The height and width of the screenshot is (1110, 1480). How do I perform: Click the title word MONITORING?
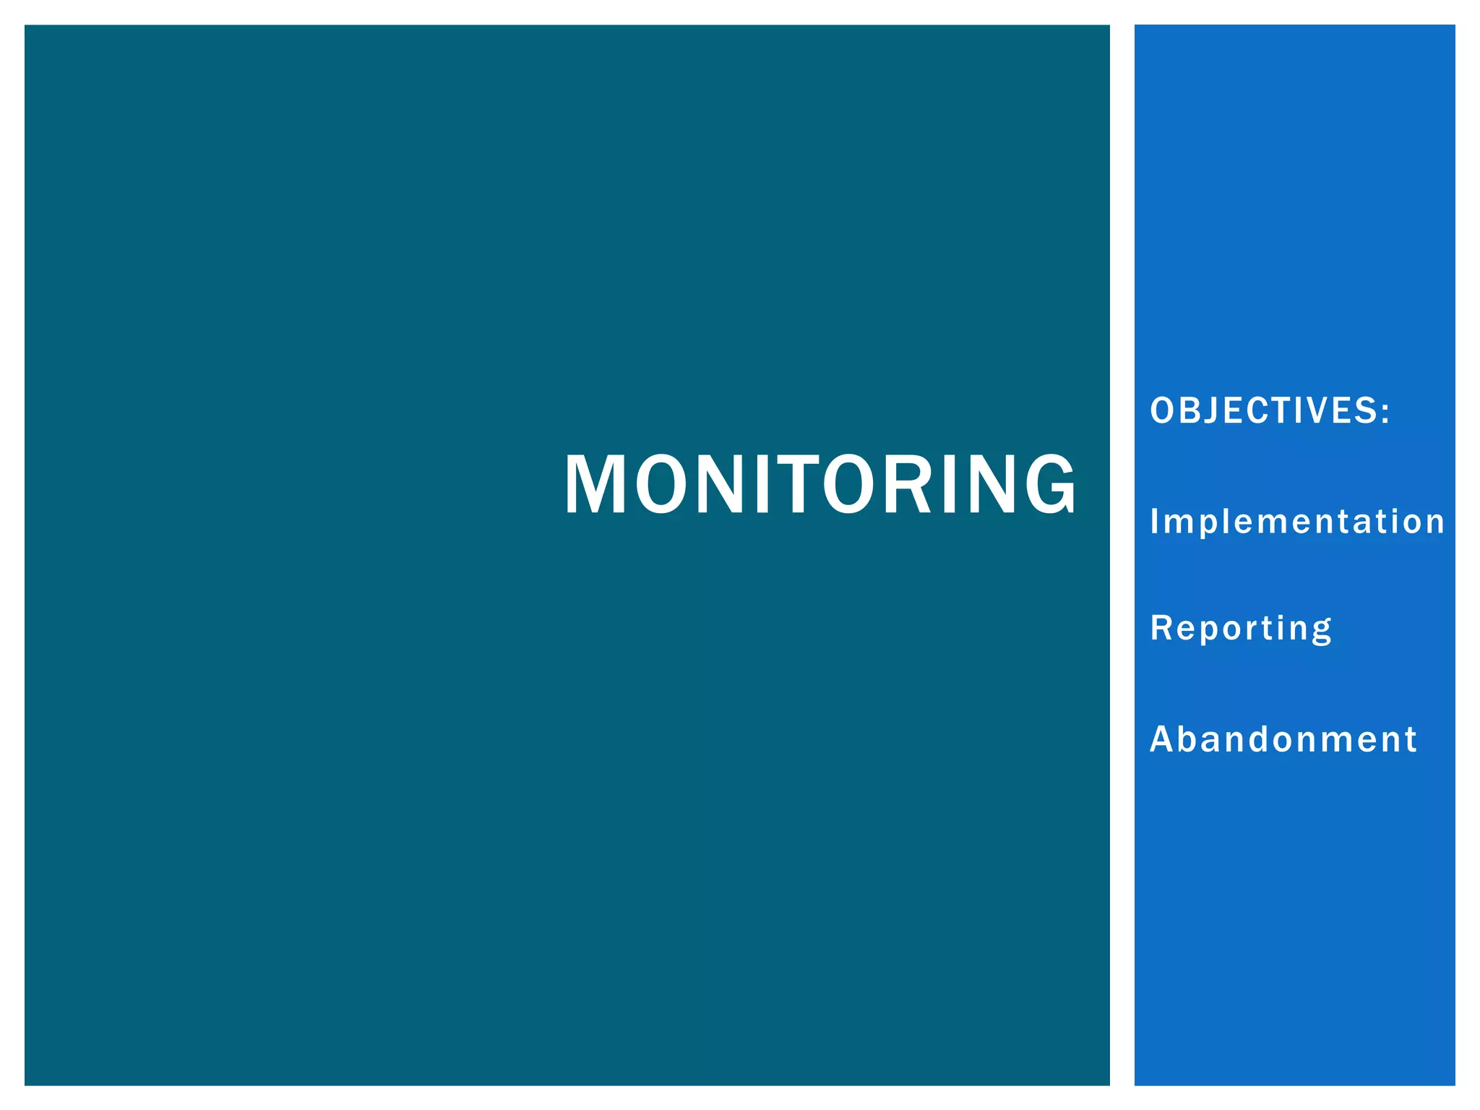(820, 484)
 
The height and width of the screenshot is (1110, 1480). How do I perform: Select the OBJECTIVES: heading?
(1270, 410)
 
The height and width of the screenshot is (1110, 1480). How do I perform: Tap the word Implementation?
(1297, 521)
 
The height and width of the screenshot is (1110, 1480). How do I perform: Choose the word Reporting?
(1241, 627)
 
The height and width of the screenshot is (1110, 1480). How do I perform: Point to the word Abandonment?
(1283, 739)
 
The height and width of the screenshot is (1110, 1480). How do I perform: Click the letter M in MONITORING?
(595, 484)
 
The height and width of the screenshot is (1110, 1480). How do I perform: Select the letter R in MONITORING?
(908, 484)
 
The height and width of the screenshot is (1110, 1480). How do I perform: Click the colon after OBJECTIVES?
(1385, 412)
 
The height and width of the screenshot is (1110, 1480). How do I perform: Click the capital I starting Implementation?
(1155, 521)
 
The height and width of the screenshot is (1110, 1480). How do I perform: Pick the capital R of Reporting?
(1161, 627)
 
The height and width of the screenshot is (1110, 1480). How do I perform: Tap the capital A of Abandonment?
(1162, 739)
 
